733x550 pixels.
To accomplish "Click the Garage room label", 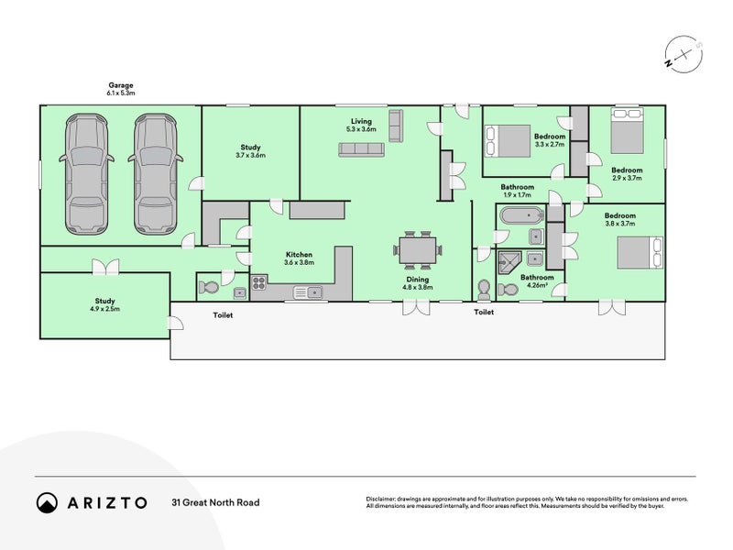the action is [121, 89].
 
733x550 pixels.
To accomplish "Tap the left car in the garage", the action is [87, 174].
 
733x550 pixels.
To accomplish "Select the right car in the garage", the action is [155, 174].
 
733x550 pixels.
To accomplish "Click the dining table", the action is [418, 250].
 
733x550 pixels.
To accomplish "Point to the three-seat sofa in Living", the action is [361, 149].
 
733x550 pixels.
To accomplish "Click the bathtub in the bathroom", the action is [521, 215].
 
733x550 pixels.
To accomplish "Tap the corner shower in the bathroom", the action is [509, 263].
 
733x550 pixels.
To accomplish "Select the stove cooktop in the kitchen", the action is [259, 283].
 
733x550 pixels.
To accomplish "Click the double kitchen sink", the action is [308, 292].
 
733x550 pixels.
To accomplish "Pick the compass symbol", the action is [684, 54].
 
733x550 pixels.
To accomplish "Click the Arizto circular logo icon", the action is [47, 502].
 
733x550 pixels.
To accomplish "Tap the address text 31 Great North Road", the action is [215, 502].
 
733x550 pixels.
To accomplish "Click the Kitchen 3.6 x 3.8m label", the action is [300, 258].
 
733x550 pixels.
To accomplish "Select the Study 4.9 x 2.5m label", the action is [104, 304].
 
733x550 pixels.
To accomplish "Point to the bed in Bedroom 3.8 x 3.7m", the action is [640, 253].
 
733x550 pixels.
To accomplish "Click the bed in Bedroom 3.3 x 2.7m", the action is [508, 141].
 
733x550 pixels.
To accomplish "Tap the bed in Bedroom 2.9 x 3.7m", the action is [627, 130].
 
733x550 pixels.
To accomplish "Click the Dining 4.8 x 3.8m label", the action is [418, 283].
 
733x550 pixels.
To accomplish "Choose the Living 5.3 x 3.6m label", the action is [361, 125].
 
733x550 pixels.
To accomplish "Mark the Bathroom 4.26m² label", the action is [537, 280].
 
